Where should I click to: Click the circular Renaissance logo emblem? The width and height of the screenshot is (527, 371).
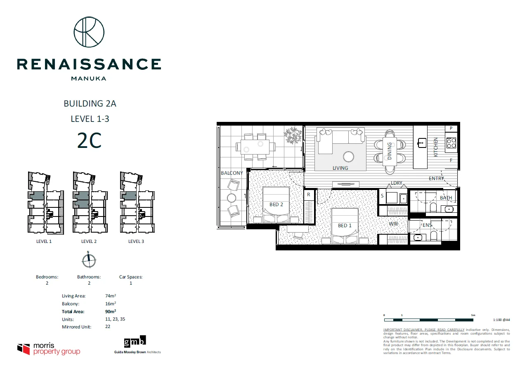(x=89, y=32)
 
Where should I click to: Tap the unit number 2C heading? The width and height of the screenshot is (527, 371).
(x=89, y=141)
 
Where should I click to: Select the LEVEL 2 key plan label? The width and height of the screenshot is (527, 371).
(x=89, y=241)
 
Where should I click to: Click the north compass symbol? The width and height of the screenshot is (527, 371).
(x=89, y=260)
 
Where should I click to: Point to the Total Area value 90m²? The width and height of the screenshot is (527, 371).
(x=111, y=312)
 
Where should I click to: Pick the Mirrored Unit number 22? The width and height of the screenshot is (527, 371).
(x=108, y=327)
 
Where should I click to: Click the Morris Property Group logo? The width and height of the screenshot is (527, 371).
(x=49, y=349)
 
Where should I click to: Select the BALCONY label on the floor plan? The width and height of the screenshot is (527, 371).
(x=232, y=173)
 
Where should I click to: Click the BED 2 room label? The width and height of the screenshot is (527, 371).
(x=276, y=205)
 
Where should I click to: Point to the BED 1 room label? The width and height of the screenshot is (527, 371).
(x=345, y=226)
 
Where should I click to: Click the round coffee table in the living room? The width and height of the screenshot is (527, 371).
(x=349, y=157)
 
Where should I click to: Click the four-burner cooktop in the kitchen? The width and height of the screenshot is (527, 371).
(x=451, y=143)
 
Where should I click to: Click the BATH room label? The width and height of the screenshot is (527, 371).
(x=446, y=198)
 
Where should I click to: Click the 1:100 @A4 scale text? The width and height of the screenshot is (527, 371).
(x=501, y=320)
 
